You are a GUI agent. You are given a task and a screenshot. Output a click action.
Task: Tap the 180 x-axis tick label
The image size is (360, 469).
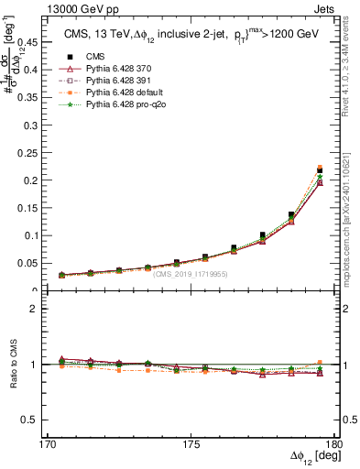[x=337, y=444]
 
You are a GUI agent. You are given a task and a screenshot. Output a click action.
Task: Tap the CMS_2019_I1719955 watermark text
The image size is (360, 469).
[x=191, y=274]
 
